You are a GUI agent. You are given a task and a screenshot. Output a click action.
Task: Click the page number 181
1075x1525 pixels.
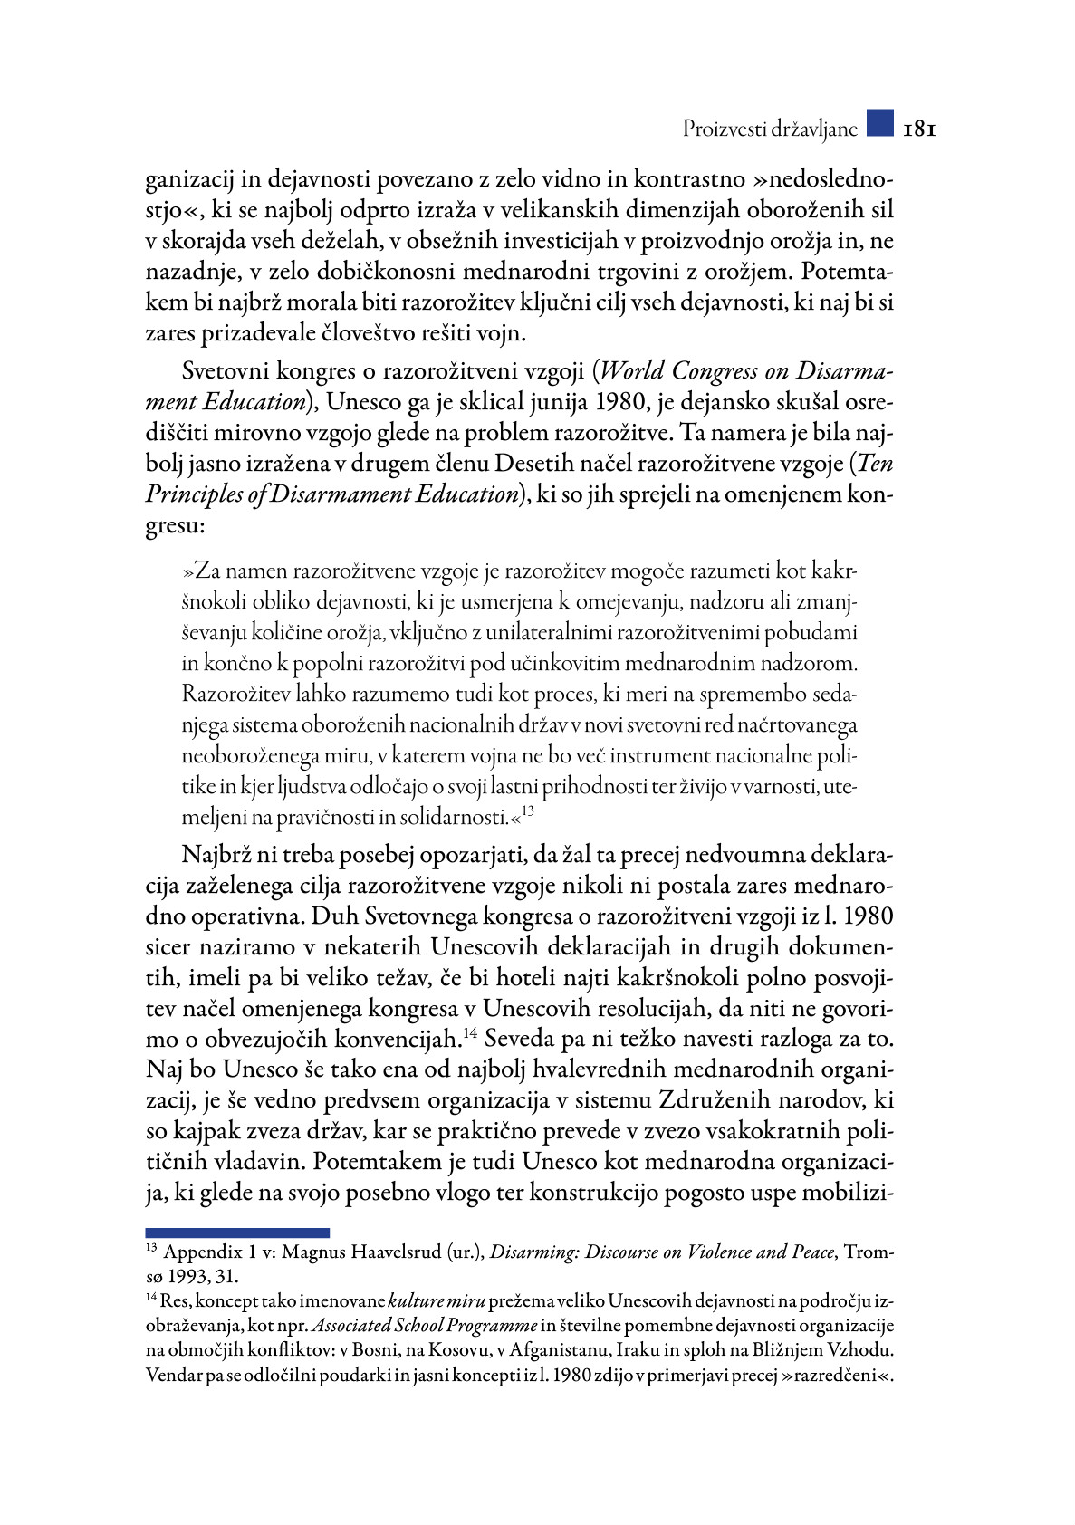point(919,129)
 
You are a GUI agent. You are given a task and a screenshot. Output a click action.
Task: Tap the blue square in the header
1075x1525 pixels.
point(879,123)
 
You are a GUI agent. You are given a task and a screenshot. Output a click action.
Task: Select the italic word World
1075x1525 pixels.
point(631,371)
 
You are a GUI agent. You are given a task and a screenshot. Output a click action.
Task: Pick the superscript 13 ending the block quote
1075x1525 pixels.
point(528,811)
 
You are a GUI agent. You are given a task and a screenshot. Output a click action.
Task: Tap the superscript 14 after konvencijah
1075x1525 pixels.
point(470,1033)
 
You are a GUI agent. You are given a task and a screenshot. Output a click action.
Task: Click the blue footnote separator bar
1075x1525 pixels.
point(237,1232)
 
